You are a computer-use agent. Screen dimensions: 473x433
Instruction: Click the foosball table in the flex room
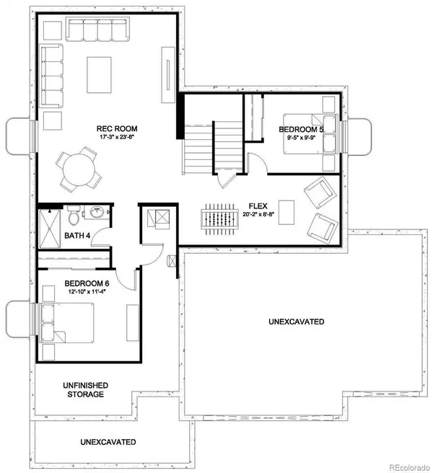coord(219,217)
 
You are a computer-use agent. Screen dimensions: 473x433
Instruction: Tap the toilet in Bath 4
coord(73,215)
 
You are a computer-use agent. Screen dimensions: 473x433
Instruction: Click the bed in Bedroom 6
coord(68,322)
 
